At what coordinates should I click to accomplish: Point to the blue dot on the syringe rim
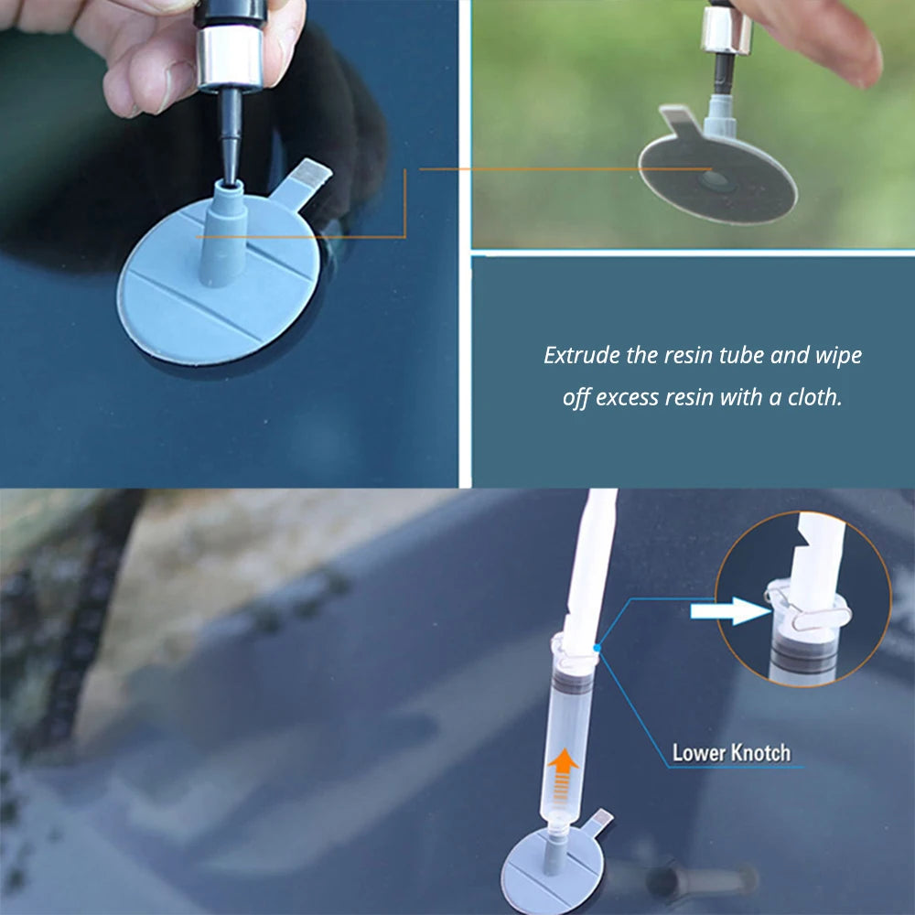(597, 648)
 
